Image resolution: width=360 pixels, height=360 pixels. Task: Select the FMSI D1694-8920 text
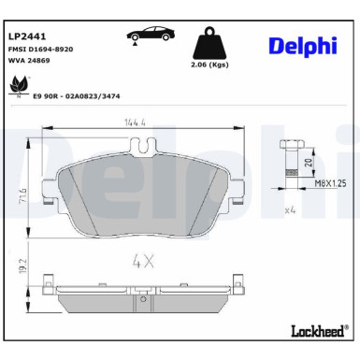click(x=41, y=48)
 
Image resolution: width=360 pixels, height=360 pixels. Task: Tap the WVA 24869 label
click(x=30, y=61)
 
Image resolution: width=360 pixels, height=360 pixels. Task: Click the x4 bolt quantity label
click(x=291, y=211)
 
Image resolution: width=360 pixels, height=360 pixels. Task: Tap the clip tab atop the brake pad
click(x=142, y=147)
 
